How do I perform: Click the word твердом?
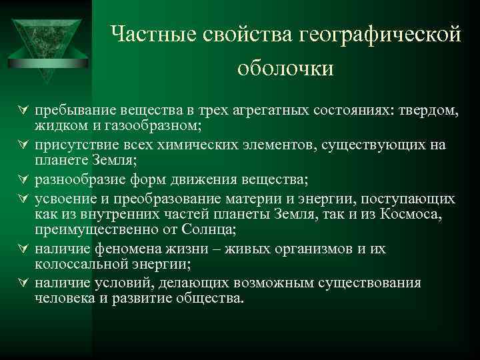[x=429, y=109]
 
